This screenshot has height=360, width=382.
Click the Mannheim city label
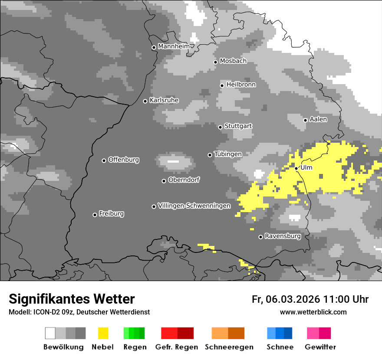point(174,46)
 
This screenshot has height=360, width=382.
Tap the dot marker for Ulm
point(296,168)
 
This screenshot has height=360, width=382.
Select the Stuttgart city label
point(238,126)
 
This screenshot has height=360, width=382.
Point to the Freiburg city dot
point(95,215)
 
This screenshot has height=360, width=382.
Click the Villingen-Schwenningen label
point(194,206)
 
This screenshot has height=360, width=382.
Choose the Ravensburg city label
point(283,236)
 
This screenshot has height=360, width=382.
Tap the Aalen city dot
point(305,120)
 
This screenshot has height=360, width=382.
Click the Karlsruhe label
point(164,100)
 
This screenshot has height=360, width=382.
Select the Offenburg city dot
point(104,160)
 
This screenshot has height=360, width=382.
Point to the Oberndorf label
point(184,180)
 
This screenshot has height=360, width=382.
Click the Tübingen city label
point(228,154)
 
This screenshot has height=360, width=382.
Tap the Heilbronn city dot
point(222,85)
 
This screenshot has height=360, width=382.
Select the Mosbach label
point(233,61)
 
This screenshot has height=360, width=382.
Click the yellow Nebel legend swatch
point(103,333)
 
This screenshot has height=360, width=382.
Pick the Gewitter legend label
point(320,347)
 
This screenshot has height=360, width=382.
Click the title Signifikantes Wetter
point(72,299)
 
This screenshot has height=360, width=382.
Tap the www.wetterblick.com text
point(313,312)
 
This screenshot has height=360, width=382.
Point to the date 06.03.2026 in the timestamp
point(293,299)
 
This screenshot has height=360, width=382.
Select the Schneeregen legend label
point(229,347)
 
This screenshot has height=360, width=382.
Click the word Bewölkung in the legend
point(63,347)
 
